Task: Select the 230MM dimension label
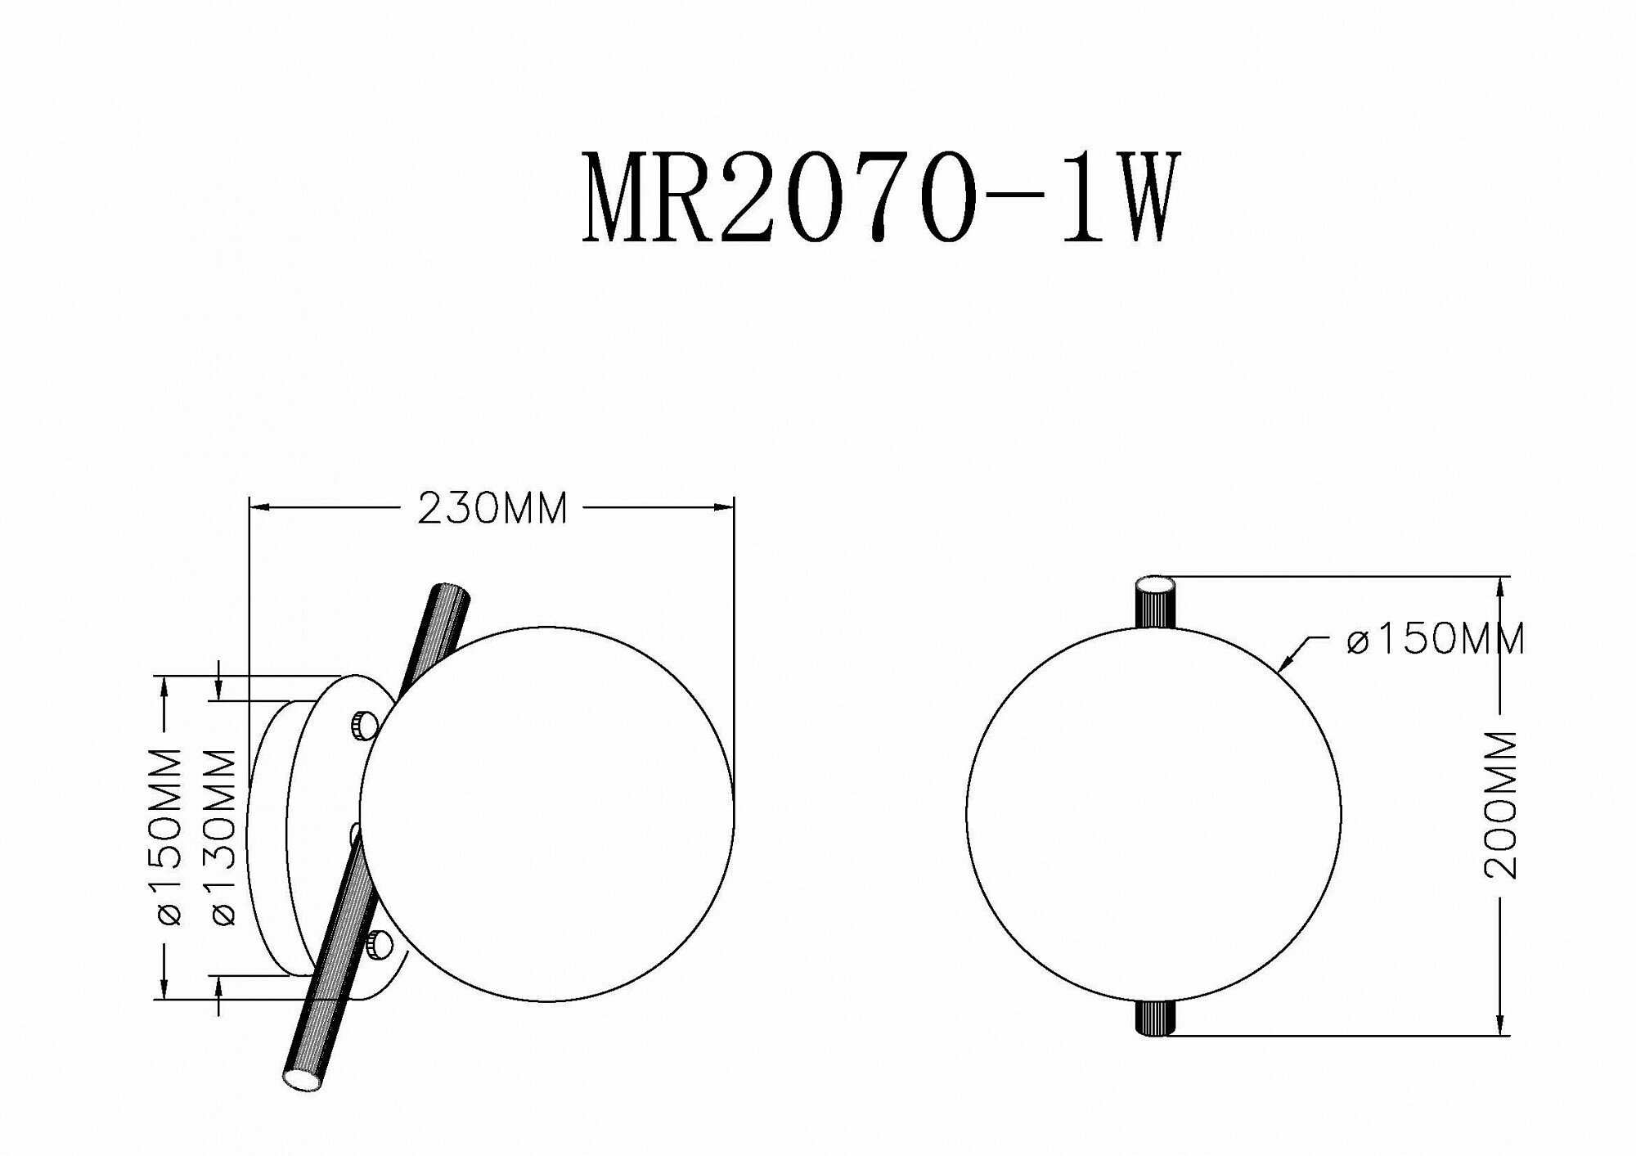coord(492,510)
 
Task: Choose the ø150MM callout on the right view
coord(1436,639)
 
